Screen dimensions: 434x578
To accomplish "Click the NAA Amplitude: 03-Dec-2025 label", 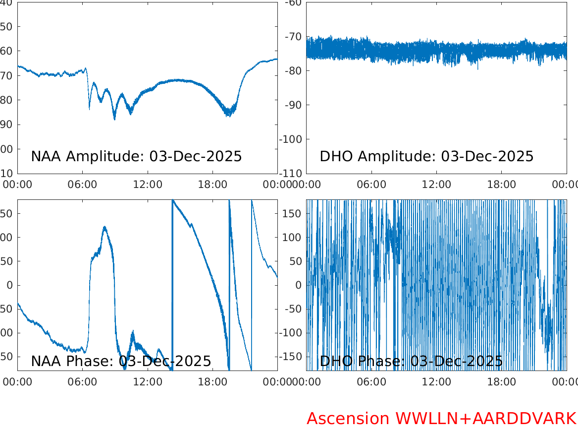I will coord(136,156).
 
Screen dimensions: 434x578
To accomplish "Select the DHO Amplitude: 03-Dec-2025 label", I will coord(426,156).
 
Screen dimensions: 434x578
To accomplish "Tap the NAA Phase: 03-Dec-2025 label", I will coord(121,361).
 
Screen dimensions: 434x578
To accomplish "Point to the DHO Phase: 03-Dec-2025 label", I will coord(411,361).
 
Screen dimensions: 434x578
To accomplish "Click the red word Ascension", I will coord(348,419).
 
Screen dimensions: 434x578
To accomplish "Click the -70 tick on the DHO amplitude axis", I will coord(293,37).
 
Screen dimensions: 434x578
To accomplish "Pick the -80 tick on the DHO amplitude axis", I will coord(293,71).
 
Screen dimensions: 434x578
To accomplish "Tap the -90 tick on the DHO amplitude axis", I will coord(293,105).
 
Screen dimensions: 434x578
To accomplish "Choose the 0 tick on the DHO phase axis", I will coord(299,285).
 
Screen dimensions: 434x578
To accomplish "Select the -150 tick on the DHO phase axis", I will coord(292,357).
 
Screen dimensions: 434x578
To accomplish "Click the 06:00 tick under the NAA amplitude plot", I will coord(83,185).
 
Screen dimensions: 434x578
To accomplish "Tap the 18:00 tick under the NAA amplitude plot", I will coord(212,185).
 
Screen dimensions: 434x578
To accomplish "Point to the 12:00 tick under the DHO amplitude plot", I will coord(436,185).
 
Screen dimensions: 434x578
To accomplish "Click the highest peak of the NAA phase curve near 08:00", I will coord(105,227).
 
